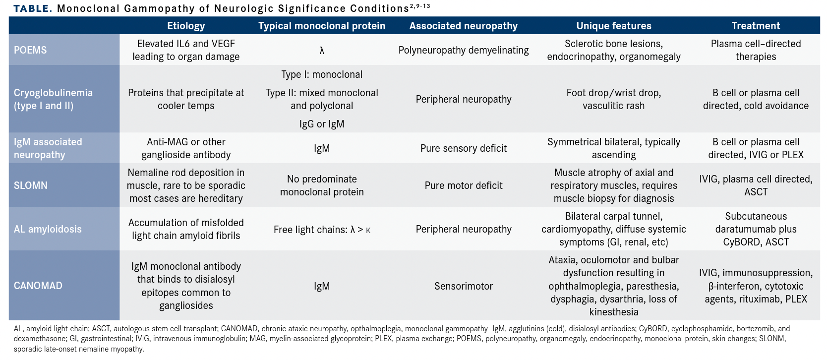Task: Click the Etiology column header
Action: click(x=186, y=26)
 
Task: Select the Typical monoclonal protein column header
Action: click(x=322, y=26)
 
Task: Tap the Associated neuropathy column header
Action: click(x=463, y=26)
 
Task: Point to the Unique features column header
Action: click(x=613, y=26)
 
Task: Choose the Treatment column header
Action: click(x=756, y=26)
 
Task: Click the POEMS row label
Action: click(x=30, y=50)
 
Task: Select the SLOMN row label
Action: click(x=31, y=185)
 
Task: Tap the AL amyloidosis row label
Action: click(x=48, y=229)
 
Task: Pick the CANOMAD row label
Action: click(x=38, y=286)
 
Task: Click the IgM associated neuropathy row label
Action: click(x=48, y=148)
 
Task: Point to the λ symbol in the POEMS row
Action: click(x=322, y=50)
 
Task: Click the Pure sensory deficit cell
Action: click(x=463, y=148)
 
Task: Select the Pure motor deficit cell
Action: click(x=463, y=185)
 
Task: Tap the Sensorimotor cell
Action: click(x=463, y=286)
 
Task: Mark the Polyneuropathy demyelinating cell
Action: click(x=463, y=50)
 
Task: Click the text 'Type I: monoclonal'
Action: click(x=322, y=74)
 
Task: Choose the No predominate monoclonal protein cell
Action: click(x=322, y=185)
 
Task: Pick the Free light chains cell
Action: click(x=322, y=230)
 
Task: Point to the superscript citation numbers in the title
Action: click(x=420, y=6)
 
